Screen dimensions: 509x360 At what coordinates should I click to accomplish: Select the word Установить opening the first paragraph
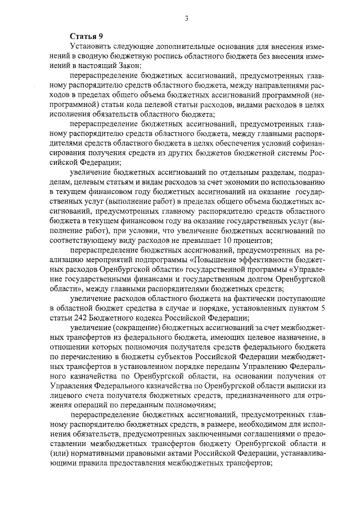92,46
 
